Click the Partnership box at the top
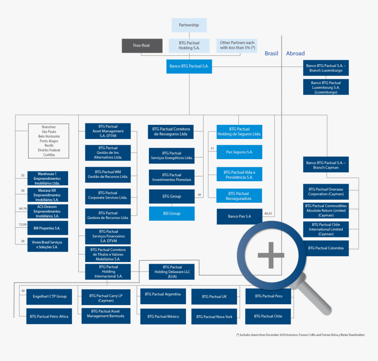(189, 25)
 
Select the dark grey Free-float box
(142, 45)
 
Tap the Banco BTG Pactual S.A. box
(189, 67)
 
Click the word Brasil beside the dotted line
(271, 54)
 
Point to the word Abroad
(295, 54)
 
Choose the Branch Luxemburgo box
(326, 68)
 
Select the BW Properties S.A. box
(47, 229)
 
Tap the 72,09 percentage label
(23, 225)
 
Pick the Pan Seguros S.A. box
(239, 152)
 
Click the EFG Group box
(171, 197)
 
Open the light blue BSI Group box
(171, 213)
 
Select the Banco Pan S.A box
(239, 216)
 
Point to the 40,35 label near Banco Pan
(268, 214)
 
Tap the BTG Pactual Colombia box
(326, 248)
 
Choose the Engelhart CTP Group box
(50, 296)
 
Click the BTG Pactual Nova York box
(214, 317)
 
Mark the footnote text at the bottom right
(301, 335)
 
